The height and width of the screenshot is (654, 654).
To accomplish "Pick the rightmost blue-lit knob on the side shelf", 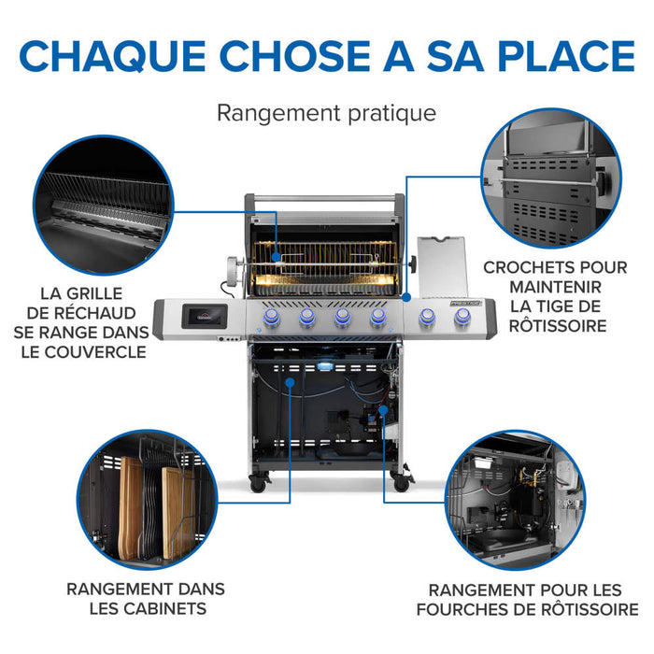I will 462,319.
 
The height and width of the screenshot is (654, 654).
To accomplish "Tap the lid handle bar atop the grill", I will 325,198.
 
